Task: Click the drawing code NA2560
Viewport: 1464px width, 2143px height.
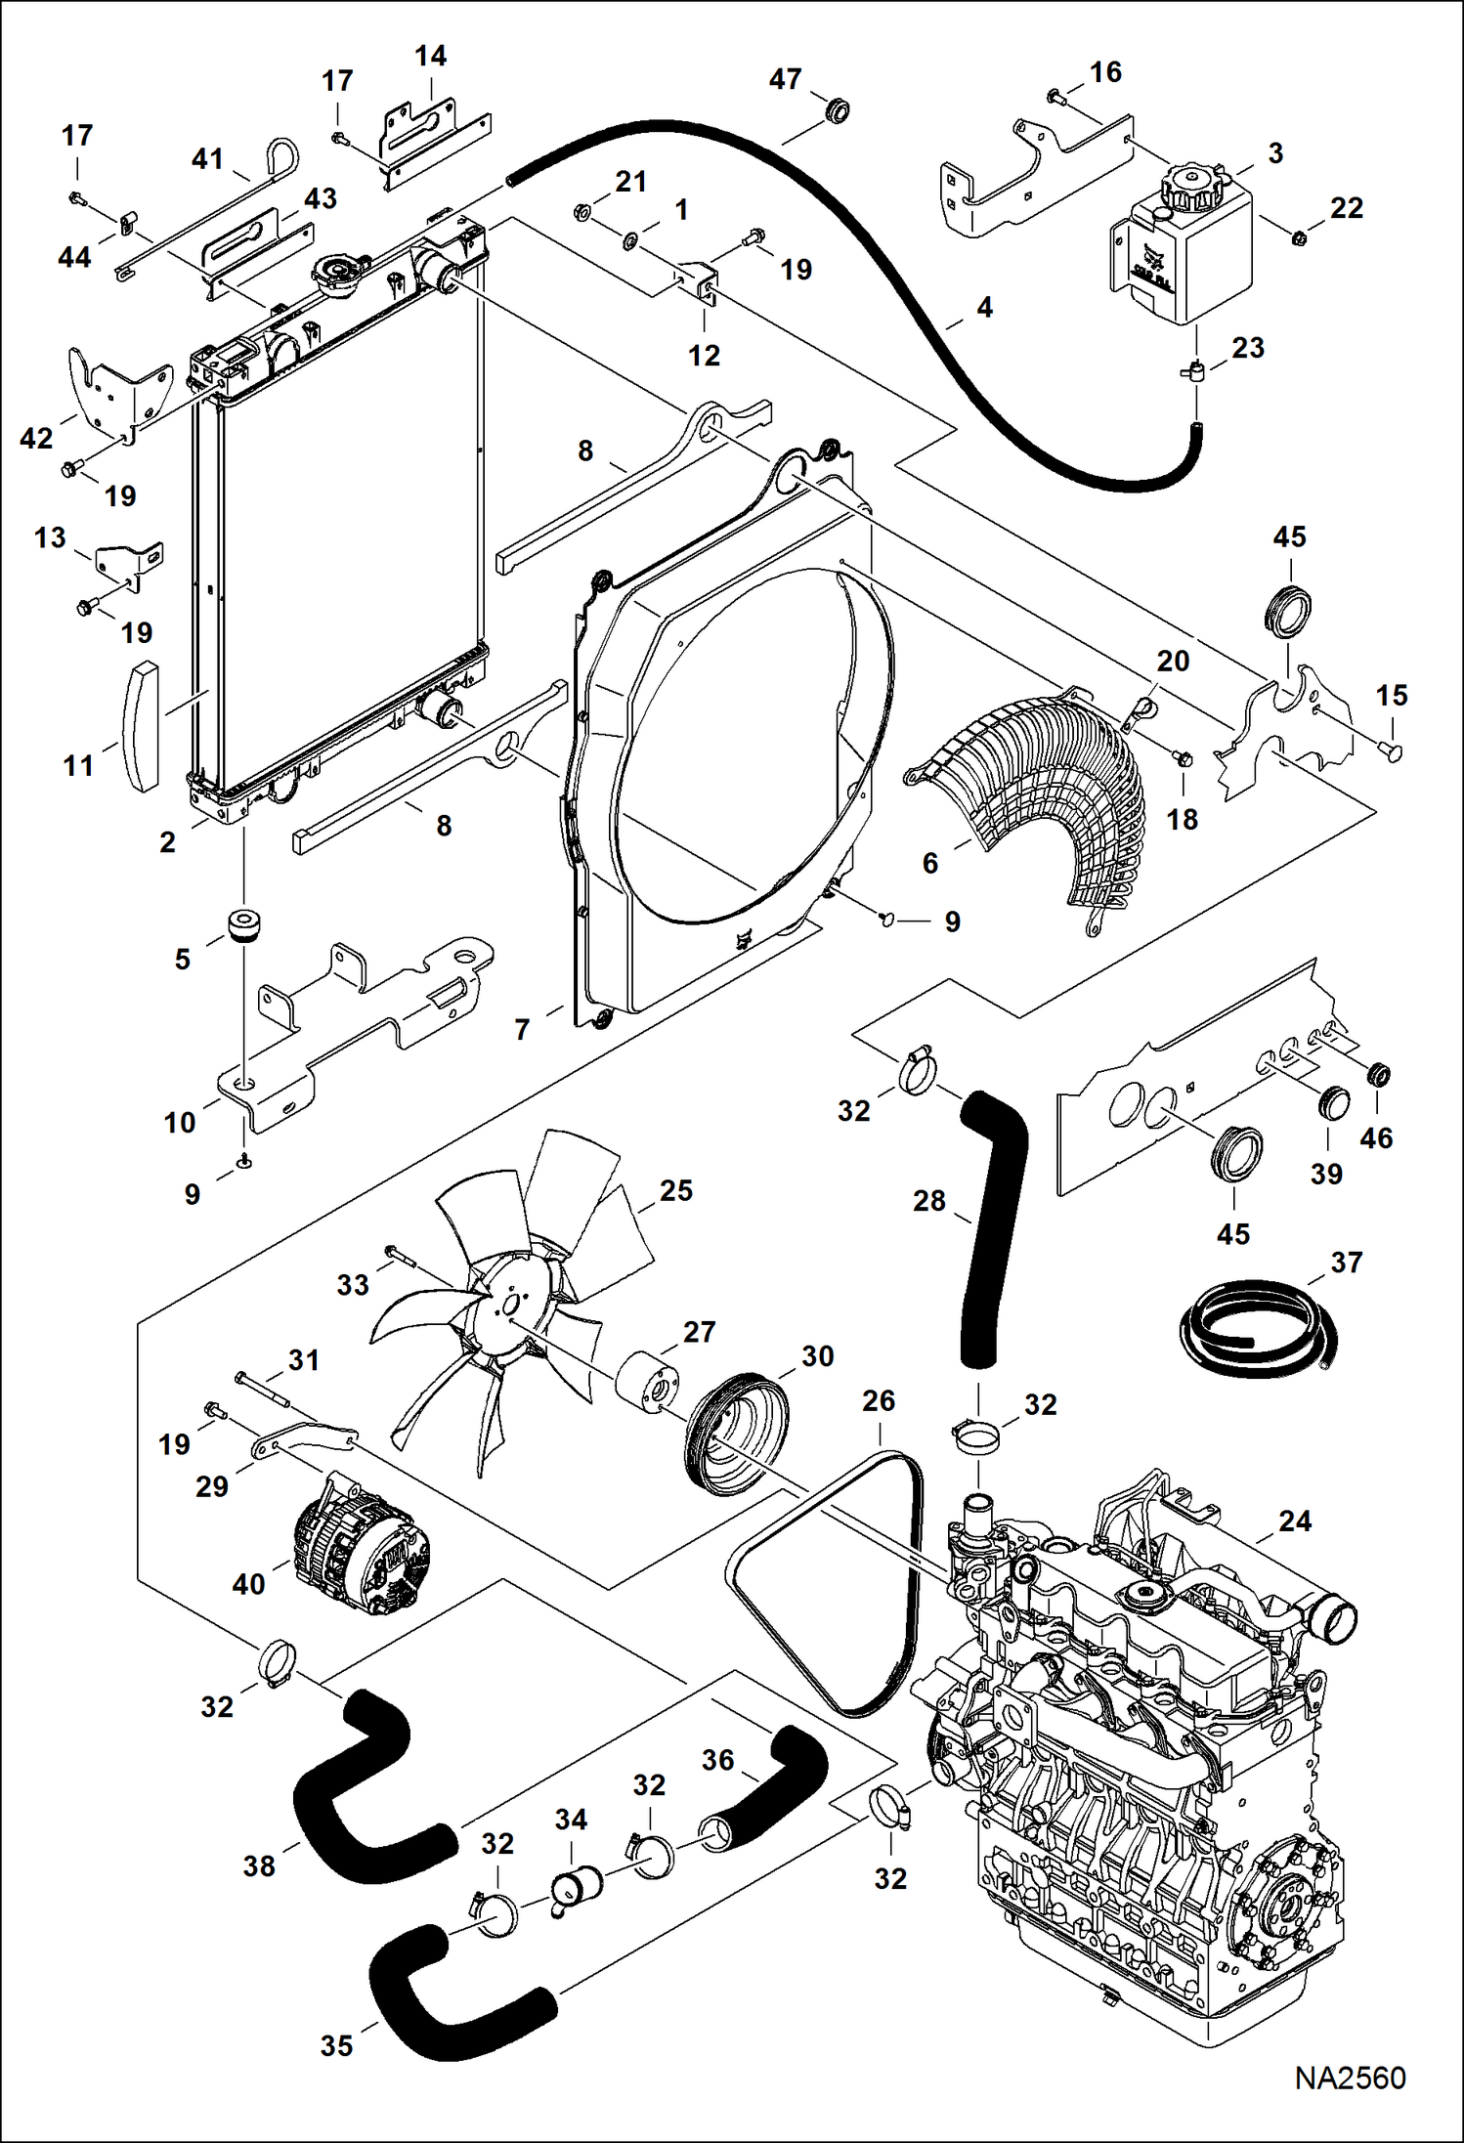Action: point(1350,2077)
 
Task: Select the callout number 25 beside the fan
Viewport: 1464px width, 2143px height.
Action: point(675,1190)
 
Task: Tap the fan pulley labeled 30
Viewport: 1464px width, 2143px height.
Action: point(733,1435)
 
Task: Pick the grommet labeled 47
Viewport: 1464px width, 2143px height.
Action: point(837,109)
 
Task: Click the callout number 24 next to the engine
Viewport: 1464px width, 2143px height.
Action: point(1294,1521)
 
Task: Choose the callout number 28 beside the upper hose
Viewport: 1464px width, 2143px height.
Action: point(928,1200)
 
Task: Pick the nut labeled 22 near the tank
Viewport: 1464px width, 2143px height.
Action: point(1298,236)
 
